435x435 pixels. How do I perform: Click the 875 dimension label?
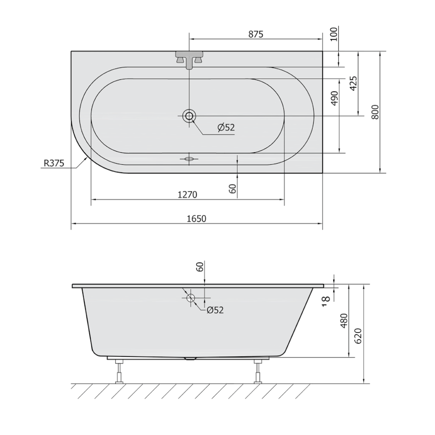point(256,34)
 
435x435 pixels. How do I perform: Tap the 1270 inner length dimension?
point(187,194)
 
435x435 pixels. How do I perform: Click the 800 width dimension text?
point(375,111)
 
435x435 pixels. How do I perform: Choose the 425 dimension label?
point(353,83)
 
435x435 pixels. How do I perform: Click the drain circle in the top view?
point(189,115)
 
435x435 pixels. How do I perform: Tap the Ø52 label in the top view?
point(226,128)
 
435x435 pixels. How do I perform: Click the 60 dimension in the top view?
point(233,189)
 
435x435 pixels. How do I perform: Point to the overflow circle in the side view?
point(191,298)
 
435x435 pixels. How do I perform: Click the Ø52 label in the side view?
point(215,310)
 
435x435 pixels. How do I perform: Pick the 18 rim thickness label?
point(325,299)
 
